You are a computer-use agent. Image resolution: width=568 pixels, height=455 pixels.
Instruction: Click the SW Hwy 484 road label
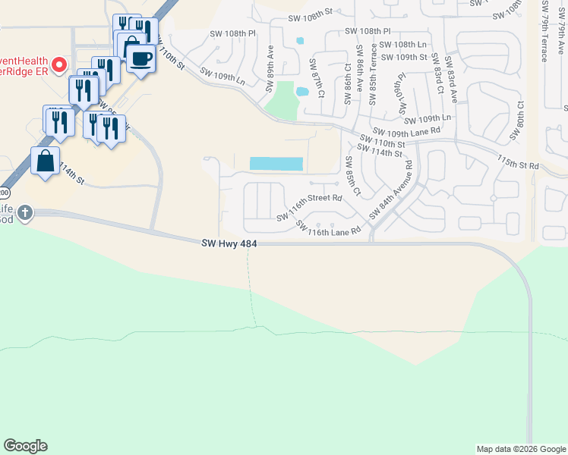[231, 243]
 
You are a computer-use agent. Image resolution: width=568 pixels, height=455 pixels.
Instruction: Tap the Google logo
[25, 446]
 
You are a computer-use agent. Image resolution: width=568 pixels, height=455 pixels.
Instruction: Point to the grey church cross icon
[26, 212]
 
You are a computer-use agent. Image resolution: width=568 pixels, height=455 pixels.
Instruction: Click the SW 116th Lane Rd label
[327, 227]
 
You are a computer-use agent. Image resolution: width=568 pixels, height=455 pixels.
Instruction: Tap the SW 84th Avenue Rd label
[391, 190]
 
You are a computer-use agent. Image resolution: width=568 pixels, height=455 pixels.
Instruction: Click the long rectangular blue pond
[276, 164]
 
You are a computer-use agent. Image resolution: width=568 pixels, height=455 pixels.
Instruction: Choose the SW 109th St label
[404, 57]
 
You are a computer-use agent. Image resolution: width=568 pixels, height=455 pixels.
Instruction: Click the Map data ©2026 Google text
[521, 449]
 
